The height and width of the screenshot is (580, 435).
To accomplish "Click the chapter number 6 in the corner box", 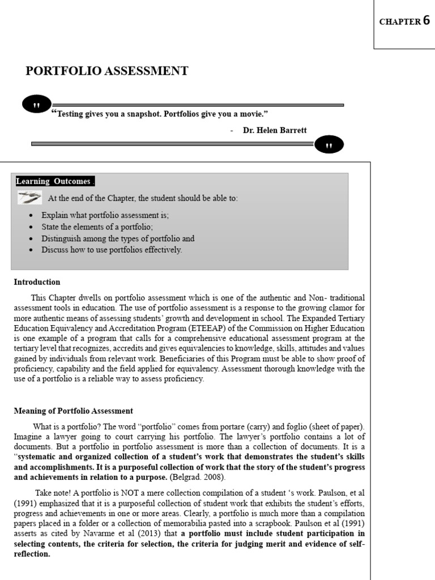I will click(426, 22).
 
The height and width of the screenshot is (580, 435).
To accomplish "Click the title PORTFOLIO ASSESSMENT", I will click(107, 71).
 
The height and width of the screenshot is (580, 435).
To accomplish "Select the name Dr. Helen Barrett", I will click(275, 130).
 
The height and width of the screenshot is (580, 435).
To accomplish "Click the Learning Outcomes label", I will click(54, 181).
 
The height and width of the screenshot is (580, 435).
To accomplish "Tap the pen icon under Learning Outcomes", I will click(29, 198).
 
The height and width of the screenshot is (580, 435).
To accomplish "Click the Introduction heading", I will click(37, 282).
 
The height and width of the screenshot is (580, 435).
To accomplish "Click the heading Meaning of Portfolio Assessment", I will click(73, 411).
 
